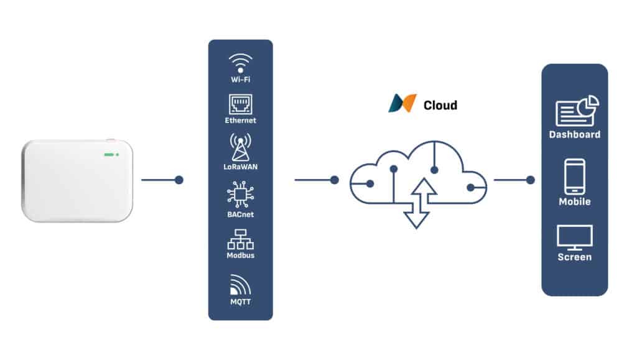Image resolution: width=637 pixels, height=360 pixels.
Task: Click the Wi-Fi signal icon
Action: [x=240, y=63]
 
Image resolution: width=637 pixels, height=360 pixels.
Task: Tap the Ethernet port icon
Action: [x=240, y=103]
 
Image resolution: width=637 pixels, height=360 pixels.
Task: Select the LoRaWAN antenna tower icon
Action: [x=240, y=147]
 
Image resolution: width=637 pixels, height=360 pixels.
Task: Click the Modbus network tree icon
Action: [x=240, y=238]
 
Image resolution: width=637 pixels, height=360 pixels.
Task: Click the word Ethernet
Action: [x=240, y=120]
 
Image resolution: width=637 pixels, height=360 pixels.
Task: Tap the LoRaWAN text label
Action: [x=240, y=167]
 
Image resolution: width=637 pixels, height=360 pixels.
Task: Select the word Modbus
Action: [x=240, y=256]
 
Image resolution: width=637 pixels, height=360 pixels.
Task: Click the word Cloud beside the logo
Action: [x=440, y=105]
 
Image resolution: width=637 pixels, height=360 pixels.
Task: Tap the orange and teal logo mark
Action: [x=402, y=103]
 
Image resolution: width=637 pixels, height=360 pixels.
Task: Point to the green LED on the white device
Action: [x=111, y=154]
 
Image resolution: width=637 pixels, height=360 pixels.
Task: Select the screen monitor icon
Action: [x=574, y=237]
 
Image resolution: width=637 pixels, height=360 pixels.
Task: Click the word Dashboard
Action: [x=574, y=134]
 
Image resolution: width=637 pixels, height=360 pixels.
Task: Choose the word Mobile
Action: [x=574, y=201]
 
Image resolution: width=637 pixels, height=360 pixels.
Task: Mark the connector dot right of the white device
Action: [x=179, y=180]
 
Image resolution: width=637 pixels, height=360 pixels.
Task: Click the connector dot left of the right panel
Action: [x=530, y=180]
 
